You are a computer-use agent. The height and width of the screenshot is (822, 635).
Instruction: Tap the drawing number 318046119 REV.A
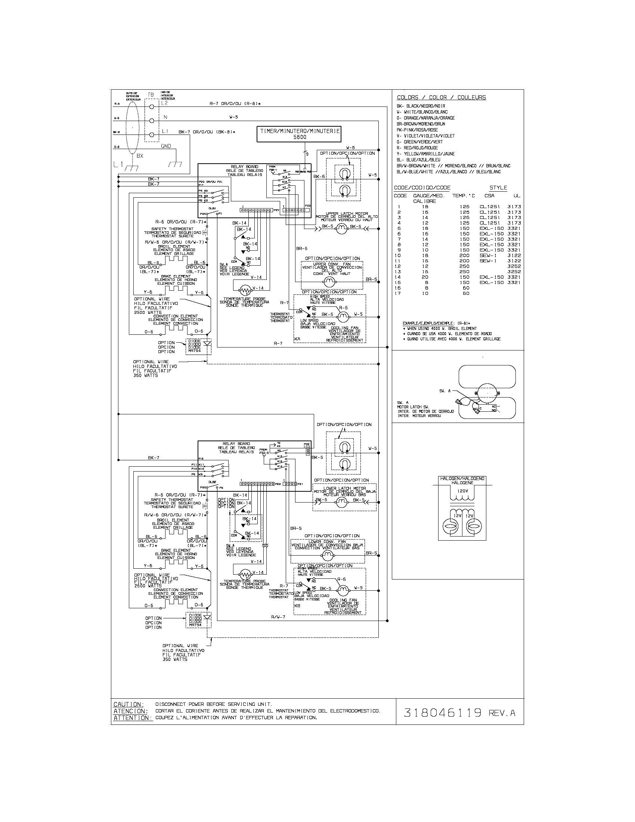pos(459,713)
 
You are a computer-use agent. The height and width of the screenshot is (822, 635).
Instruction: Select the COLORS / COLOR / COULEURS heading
pos(441,98)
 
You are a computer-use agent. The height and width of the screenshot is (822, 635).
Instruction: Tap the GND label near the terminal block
pos(166,146)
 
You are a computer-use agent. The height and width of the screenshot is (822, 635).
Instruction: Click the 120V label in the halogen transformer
pos(463,491)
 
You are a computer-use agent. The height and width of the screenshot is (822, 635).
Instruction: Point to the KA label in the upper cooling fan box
pos(297,339)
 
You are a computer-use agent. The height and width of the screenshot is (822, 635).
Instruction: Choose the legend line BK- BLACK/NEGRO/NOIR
pos(421,106)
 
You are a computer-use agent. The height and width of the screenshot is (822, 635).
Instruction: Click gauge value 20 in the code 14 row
pos(425,277)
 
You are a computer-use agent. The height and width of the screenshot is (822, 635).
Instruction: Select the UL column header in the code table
pos(517,195)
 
